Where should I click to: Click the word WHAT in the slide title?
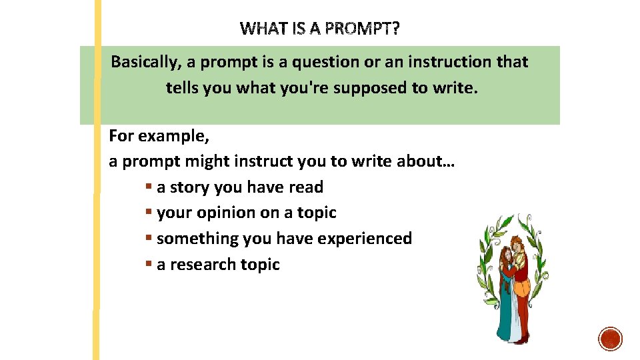click(262, 29)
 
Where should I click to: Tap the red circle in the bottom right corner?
click(610, 339)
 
